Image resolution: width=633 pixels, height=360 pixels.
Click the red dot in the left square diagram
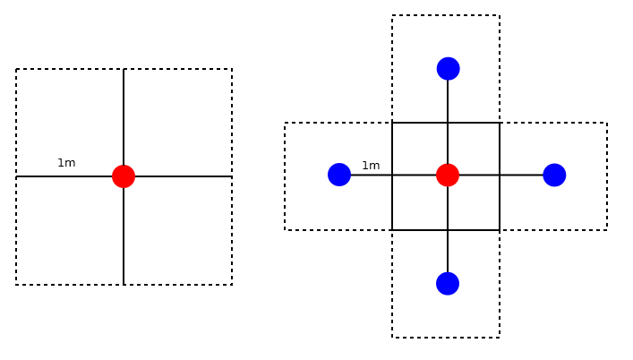124,176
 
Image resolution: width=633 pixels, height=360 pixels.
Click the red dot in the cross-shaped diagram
448,175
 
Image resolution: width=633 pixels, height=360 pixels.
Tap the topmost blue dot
448,68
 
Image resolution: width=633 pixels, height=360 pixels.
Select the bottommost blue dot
448,283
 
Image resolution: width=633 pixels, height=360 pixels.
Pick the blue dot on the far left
339,175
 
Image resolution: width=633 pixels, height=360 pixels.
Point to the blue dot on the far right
554,175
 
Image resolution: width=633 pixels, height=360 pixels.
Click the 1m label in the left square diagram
66,163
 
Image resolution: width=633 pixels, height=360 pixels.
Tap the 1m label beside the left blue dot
371,166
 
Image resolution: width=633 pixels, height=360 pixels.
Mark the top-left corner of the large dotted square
16,69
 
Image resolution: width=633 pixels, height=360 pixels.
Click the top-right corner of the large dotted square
232,69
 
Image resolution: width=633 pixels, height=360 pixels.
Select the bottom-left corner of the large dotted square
16,285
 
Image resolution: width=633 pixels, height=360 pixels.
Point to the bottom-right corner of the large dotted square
232,285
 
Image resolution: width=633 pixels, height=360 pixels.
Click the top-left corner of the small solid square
392,123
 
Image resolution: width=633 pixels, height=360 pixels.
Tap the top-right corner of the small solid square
500,123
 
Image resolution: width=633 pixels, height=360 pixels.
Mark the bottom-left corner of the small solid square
392,230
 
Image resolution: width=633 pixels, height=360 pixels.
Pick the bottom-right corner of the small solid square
500,230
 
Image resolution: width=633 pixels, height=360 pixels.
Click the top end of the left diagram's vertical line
124,69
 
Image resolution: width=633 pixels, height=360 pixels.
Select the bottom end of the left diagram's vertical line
124,285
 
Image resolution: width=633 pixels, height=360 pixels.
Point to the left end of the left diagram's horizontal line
16,176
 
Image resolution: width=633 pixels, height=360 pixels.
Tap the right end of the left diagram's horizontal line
232,176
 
